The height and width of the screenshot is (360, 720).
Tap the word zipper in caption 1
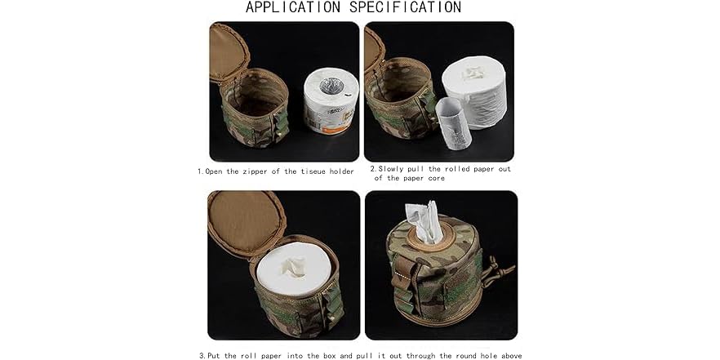point(252,171)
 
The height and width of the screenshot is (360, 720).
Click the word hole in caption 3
point(475,355)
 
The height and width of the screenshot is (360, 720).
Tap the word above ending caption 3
point(507,355)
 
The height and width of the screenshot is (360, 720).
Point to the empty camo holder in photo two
point(399,106)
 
